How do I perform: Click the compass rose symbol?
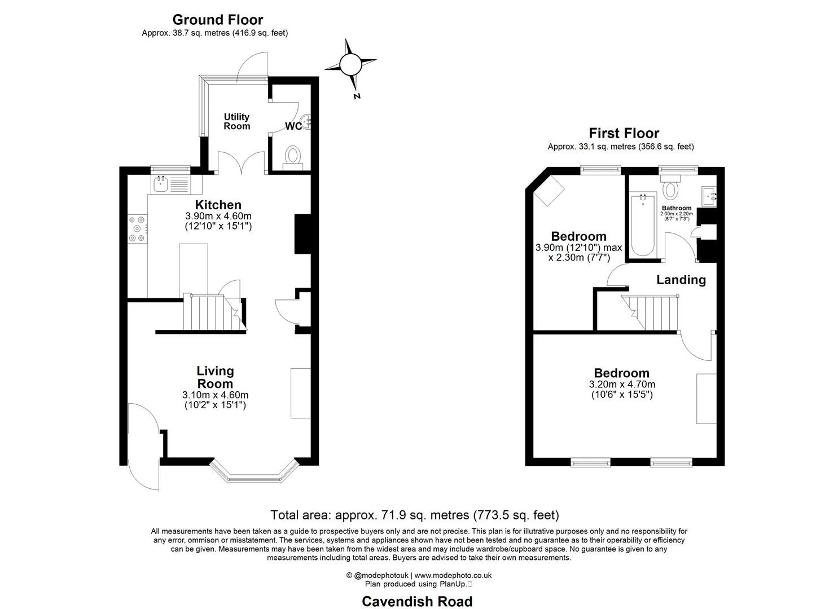[350, 64]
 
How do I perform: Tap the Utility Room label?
[236, 121]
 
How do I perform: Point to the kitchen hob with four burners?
[137, 228]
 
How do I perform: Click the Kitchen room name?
[218, 205]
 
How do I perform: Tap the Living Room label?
[215, 377]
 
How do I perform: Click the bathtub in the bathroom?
[643, 225]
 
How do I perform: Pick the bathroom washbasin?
[709, 196]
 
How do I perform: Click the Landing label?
[681, 280]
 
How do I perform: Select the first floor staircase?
[652, 312]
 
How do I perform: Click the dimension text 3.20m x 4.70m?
[622, 384]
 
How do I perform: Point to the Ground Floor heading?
[217, 20]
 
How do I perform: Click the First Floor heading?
[624, 133]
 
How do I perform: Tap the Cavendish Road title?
[417, 601]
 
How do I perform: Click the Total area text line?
[415, 515]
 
